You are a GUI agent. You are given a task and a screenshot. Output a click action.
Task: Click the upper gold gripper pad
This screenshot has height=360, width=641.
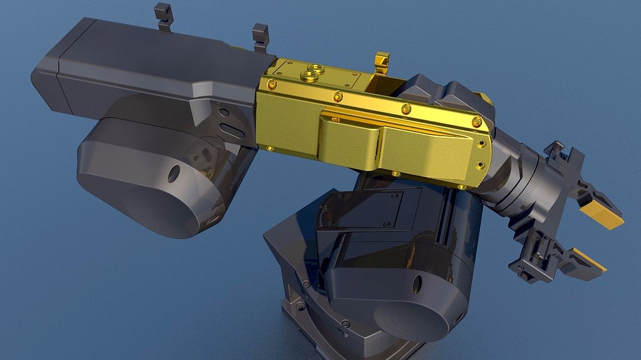click(601, 214)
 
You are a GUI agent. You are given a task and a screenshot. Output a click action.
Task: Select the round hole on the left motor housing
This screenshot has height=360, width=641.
click(174, 174)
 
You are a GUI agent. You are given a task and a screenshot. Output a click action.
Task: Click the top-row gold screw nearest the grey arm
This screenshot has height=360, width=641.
click(272, 84)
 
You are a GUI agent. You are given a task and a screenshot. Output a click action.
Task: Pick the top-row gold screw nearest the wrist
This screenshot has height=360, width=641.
click(476, 122)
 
